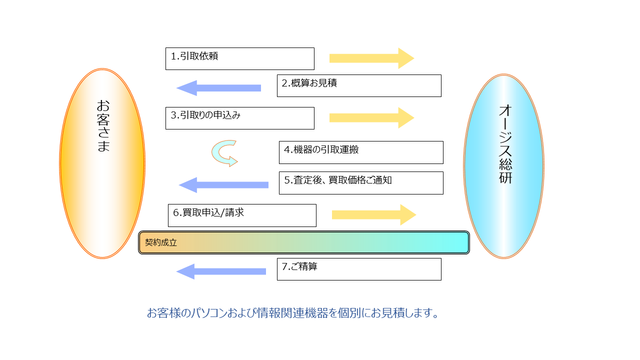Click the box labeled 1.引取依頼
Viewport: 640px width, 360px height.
tap(239, 58)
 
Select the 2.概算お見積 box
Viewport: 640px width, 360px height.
tap(359, 85)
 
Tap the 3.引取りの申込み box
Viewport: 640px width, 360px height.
tap(239, 118)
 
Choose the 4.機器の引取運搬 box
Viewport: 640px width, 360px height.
tap(361, 152)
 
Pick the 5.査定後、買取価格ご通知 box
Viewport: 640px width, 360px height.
tap(361, 183)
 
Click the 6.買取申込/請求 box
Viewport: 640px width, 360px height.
tap(242, 215)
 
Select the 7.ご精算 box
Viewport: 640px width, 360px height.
tap(359, 269)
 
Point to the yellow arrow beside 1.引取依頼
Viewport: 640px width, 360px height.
tap(371, 58)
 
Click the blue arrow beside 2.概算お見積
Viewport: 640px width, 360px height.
tap(218, 88)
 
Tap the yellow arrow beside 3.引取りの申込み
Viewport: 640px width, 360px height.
tap(371, 117)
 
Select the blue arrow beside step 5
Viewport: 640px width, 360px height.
tap(223, 185)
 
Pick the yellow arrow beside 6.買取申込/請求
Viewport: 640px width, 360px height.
tap(373, 215)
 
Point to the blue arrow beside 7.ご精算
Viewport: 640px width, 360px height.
tap(221, 271)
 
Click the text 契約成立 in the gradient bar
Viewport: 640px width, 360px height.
tap(161, 242)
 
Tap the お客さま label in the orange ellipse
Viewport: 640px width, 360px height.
tap(103, 125)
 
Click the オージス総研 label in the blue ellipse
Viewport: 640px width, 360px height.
tap(505, 144)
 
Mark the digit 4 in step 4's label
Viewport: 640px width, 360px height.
tap(287, 149)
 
